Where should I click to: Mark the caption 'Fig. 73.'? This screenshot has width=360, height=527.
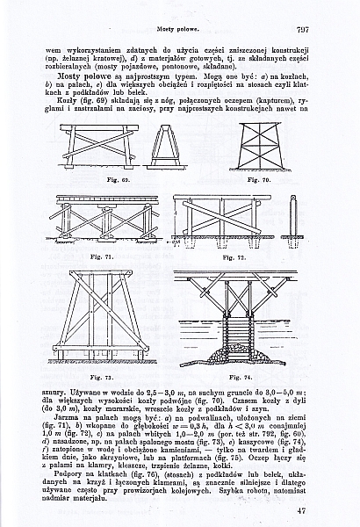point(102,376)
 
